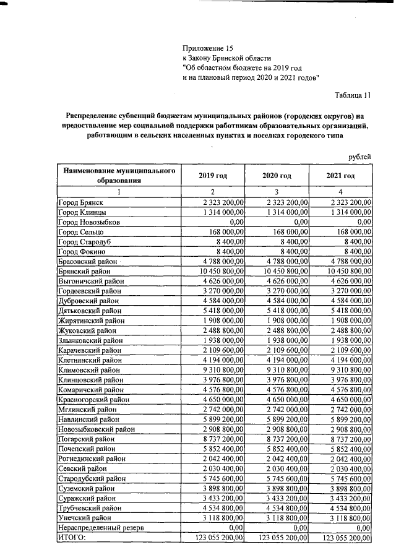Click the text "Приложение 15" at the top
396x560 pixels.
(209, 48)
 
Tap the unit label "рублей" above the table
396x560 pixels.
(359, 157)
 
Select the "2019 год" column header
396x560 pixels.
(212, 176)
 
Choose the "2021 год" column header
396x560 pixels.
(340, 176)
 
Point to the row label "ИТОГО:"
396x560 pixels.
(72, 538)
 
